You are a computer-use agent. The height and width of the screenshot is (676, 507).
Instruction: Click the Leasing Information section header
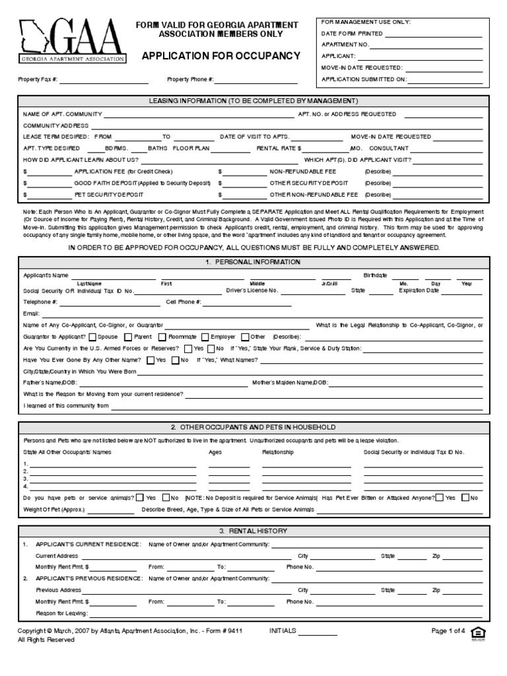[x=254, y=101]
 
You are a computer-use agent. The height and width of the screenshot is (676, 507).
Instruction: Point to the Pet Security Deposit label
[x=109, y=195]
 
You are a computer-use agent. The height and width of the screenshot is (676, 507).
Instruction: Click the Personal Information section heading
[x=254, y=262]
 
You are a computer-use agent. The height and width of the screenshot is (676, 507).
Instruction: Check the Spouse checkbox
[x=93, y=337]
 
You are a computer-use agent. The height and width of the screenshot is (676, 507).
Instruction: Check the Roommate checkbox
[x=163, y=337]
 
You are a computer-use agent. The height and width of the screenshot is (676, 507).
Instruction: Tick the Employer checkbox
[x=205, y=337]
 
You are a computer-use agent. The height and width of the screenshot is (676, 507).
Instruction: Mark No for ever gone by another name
[x=176, y=360]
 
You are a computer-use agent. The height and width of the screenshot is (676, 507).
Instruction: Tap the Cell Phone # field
[x=248, y=303]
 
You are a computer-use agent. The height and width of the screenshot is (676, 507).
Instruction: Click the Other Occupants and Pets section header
[x=254, y=427]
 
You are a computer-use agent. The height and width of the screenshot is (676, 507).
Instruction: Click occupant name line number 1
[x=112, y=465]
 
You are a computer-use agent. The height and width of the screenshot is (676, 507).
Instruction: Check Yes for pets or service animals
[x=141, y=498]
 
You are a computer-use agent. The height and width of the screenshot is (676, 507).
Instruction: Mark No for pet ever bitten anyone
[x=465, y=498]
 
